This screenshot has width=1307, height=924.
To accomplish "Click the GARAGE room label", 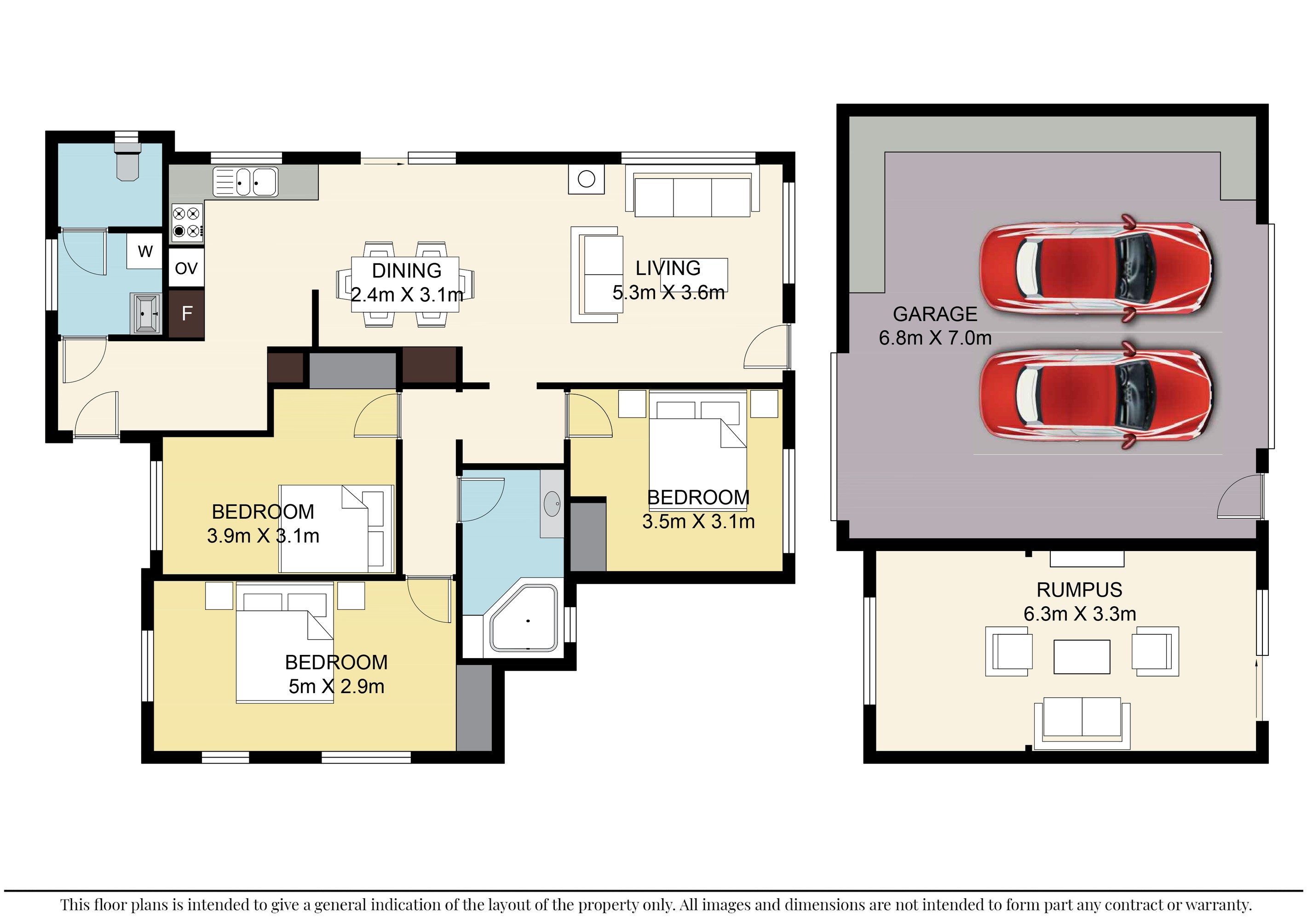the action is click(x=935, y=314).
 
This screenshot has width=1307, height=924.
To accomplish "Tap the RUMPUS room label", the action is click(x=1079, y=590).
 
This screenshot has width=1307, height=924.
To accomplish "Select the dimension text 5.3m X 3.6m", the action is click(x=668, y=293).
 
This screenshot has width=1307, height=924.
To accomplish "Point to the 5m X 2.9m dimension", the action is click(x=336, y=687).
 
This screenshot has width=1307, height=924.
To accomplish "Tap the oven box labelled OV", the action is click(x=186, y=268).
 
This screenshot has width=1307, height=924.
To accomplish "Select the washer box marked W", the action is click(x=145, y=251).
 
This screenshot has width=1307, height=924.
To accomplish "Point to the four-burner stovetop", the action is click(x=187, y=222).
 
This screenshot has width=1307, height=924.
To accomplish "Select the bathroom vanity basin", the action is click(x=552, y=504).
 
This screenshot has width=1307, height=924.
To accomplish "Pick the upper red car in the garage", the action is click(x=1095, y=269).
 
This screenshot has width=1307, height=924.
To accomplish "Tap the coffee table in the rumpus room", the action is click(x=1082, y=657).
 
